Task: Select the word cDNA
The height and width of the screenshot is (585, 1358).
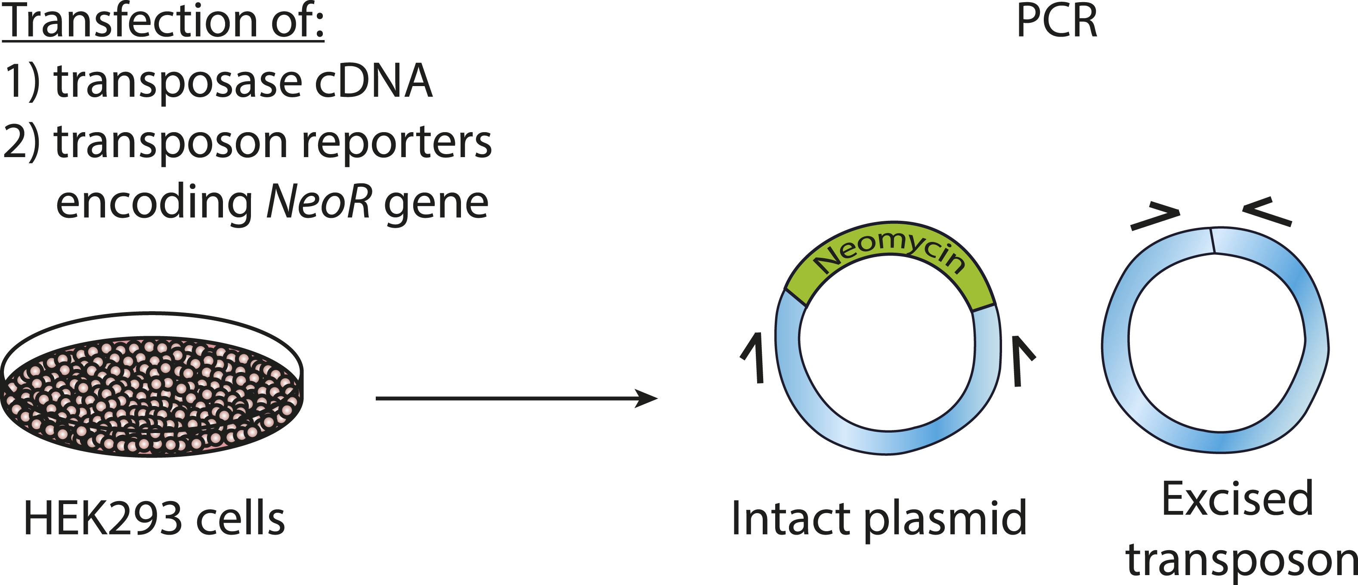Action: [373, 82]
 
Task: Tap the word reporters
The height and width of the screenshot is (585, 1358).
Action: [396, 142]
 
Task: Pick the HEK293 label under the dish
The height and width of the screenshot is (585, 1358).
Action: [103, 519]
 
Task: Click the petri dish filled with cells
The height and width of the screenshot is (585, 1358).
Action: [153, 390]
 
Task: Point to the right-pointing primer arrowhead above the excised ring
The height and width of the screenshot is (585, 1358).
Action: [1155, 217]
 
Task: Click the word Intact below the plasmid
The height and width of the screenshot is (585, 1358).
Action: [791, 519]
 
